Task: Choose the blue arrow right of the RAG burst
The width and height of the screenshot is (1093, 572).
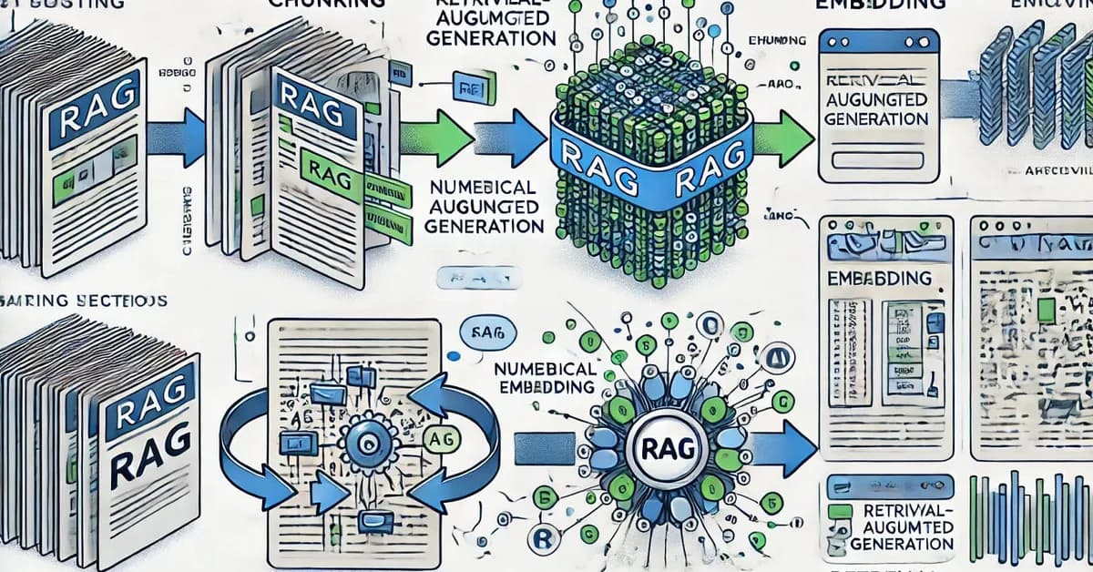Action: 784,447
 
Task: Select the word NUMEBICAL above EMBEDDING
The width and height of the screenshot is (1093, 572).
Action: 544,370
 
